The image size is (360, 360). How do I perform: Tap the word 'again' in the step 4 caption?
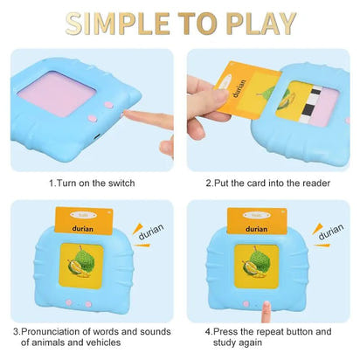pyautogui.click(x=267, y=343)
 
